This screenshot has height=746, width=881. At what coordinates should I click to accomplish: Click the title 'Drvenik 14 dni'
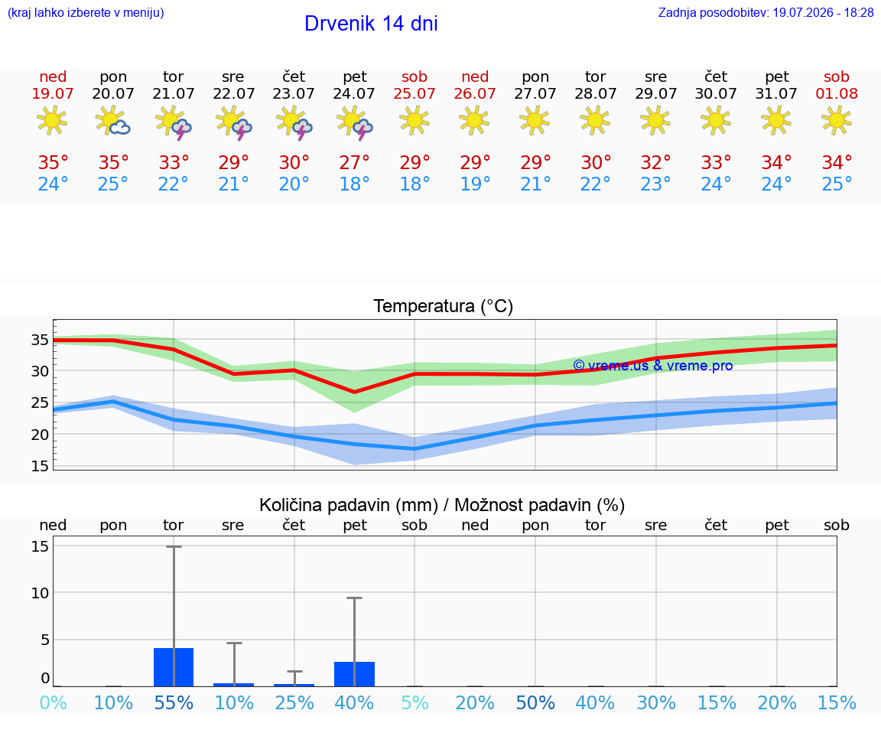pos(371,24)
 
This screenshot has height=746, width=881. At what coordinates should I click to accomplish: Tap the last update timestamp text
pos(766,12)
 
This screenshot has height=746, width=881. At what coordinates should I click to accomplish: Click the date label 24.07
pos(354,93)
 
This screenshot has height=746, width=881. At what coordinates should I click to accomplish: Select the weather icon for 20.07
pos(113,121)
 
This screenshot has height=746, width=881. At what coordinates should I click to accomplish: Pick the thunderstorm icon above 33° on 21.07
pos(174,122)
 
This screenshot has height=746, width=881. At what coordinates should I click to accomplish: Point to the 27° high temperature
pos(354,162)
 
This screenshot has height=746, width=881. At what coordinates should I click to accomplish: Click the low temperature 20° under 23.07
pos(294,184)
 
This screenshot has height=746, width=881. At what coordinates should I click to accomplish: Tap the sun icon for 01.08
pos(837,120)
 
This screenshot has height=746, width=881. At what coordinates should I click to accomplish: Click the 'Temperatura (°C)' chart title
pos(444,306)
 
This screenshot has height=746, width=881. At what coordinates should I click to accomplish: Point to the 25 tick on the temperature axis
pos(40,402)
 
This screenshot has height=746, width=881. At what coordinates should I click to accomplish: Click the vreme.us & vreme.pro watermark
pos(653,366)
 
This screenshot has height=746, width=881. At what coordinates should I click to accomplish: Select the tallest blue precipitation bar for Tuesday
pos(174,667)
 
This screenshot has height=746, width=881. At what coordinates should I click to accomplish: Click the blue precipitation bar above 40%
pos(354,674)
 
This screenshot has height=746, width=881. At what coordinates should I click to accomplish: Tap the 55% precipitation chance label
pos(174,702)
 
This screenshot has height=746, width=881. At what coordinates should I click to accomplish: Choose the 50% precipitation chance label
pos(535,702)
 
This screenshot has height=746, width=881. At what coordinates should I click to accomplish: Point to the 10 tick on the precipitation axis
pos(40,593)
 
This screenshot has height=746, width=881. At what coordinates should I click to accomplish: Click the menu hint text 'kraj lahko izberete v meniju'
pos(86,12)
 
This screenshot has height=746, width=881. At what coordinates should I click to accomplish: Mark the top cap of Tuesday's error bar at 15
pos(174,546)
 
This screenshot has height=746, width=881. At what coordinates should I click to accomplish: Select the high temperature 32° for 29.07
pos(655,162)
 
